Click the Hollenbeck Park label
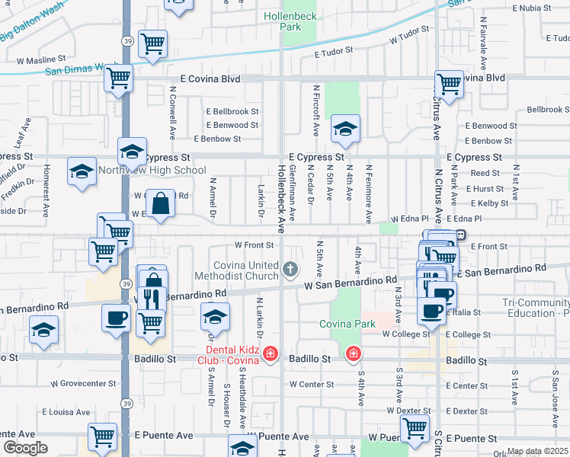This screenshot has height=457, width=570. pos(282,21)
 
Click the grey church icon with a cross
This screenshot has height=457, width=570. pos(290,268)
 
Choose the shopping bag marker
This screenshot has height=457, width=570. pos(160,204)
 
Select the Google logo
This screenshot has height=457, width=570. pos(25,447)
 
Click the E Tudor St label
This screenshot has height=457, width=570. pos(335,52)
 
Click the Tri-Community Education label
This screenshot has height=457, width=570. pos(536,308)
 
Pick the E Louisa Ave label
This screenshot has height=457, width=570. pos(66,411)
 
